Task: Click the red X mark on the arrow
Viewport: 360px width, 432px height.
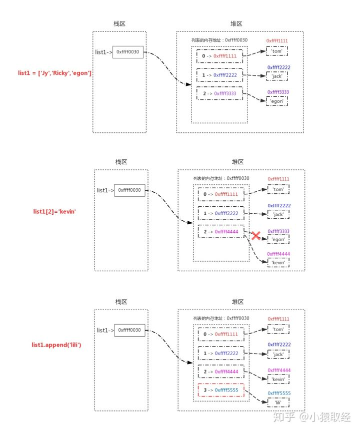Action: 256,236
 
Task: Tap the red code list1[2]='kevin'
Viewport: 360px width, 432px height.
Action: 54,212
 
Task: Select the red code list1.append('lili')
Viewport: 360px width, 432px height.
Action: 56,345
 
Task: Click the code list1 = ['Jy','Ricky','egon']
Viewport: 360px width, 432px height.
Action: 54,73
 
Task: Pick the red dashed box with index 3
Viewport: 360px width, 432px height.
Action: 221,390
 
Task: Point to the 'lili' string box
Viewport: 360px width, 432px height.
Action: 278,403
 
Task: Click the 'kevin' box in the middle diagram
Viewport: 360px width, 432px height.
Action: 278,263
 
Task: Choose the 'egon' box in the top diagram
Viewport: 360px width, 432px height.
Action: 277,101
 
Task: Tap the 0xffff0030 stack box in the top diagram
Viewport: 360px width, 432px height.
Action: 127,52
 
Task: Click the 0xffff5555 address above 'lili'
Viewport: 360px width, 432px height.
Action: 279,393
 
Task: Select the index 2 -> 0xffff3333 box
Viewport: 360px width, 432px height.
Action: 219,93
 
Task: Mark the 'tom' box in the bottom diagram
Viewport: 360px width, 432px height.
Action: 278,329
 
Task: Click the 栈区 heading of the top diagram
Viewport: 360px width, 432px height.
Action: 119,23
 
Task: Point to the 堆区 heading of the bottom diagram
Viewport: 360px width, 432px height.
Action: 238,302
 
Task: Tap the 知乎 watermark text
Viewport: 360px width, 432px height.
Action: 284,417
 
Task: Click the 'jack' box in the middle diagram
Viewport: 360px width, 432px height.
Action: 278,214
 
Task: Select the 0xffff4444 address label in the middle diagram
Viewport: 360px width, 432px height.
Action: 278,254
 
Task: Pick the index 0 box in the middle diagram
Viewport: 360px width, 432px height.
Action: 221,194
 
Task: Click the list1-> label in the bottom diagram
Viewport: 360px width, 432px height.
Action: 105,330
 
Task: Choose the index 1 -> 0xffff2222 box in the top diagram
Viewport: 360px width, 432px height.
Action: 219,75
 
